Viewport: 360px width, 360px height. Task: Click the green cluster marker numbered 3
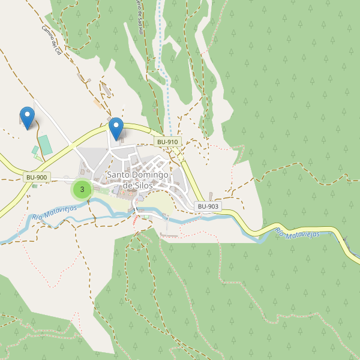click(82, 190)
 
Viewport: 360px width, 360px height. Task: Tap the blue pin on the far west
click(27, 116)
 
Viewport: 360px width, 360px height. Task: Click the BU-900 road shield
click(37, 177)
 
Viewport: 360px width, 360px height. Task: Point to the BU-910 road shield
click(167, 142)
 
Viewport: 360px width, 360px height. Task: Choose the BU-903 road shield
click(208, 206)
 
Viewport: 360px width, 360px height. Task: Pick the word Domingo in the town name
click(149, 175)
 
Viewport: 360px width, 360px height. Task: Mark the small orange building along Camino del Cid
click(97, 103)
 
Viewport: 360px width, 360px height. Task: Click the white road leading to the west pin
click(54, 123)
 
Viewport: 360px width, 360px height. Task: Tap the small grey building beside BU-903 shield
click(211, 196)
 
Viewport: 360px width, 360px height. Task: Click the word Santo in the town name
click(117, 175)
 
